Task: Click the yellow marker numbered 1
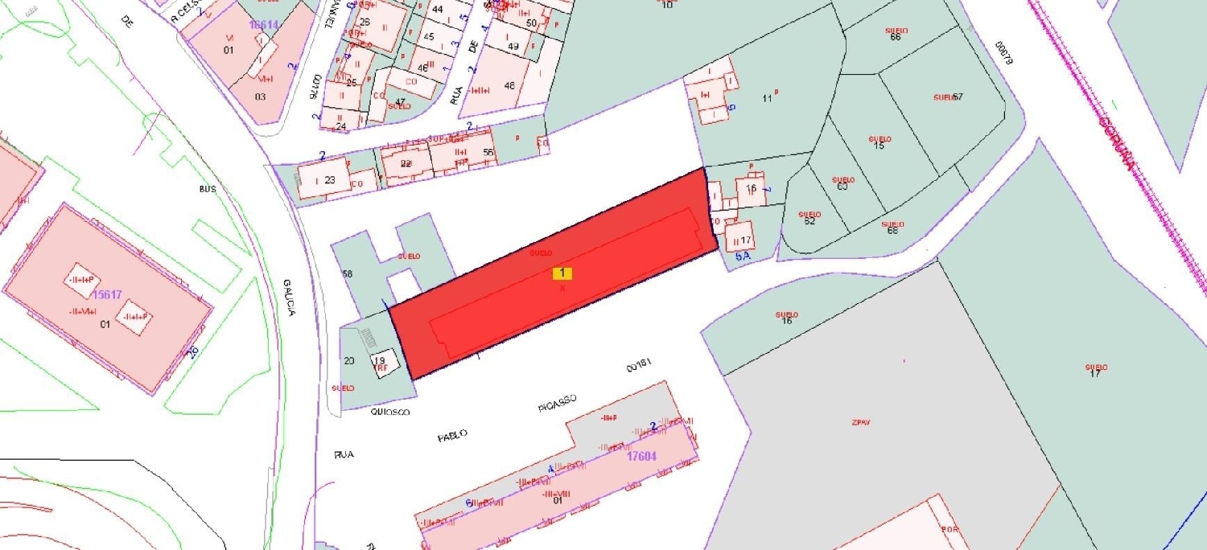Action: (x=562, y=273)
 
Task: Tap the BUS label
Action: (x=208, y=190)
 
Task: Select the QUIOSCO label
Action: (x=390, y=412)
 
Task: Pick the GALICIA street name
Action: (x=289, y=297)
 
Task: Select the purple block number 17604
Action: (x=641, y=456)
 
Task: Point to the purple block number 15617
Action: (x=106, y=295)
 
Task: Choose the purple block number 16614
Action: (x=263, y=25)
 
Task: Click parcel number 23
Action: (x=330, y=180)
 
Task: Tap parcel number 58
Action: (x=348, y=274)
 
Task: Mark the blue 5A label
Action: (x=743, y=257)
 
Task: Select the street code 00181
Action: (x=637, y=367)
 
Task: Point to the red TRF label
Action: (x=382, y=368)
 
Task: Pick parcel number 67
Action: (x=958, y=97)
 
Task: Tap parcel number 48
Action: (x=509, y=85)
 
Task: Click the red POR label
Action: (x=950, y=530)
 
